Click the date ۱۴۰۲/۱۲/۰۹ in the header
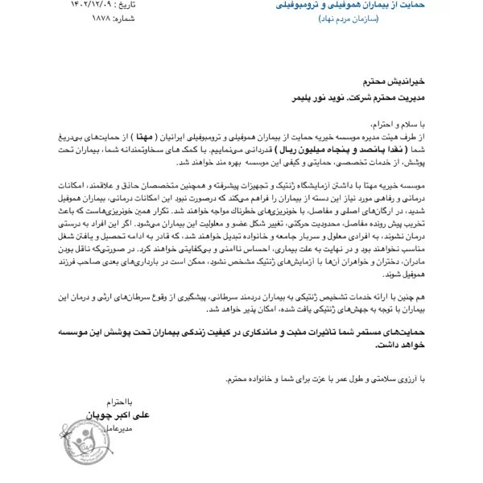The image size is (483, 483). (36, 4)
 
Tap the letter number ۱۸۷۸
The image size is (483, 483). (31, 17)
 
